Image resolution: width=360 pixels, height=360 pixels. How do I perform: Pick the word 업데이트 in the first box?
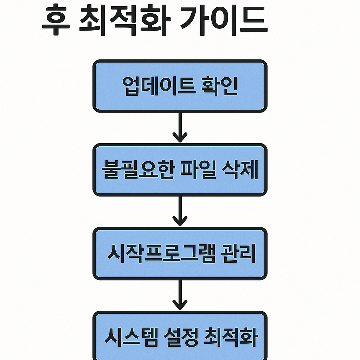pos(158,86)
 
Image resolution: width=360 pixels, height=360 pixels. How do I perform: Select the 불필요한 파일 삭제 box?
pos(180,170)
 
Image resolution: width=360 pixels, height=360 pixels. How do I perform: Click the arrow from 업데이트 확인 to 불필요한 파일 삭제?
pos(180,127)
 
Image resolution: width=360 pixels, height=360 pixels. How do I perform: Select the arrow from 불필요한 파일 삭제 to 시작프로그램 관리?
pos(180,211)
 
